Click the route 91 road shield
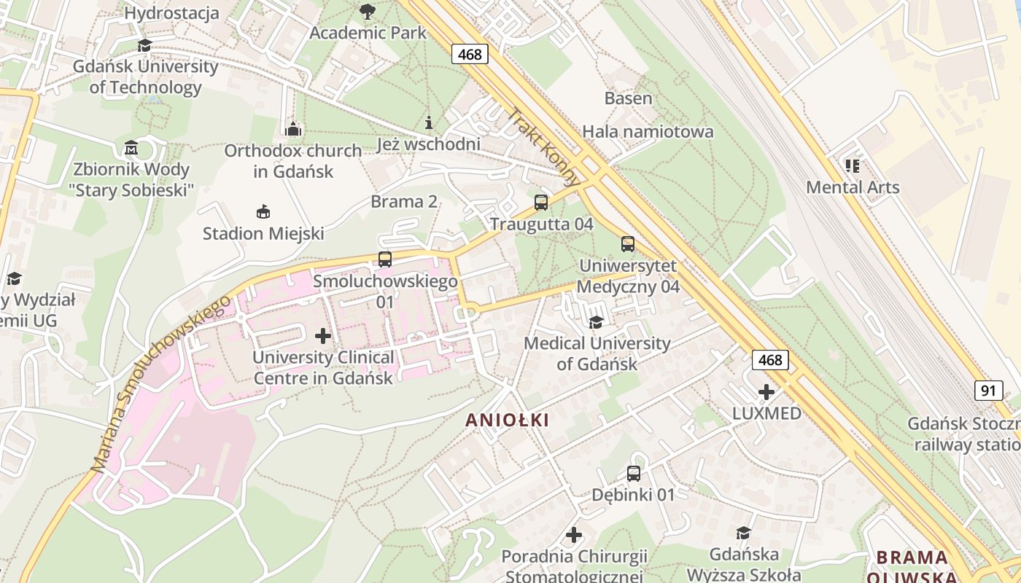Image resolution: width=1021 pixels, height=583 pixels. click(988, 391)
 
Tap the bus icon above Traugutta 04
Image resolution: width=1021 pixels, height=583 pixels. click(541, 203)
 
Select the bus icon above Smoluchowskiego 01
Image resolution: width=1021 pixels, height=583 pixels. click(384, 259)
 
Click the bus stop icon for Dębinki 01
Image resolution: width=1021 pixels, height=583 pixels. click(634, 474)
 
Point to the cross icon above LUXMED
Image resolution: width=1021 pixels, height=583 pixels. click(766, 392)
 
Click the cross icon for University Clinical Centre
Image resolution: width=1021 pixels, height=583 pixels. click(323, 336)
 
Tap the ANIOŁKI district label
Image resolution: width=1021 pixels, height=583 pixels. click(507, 420)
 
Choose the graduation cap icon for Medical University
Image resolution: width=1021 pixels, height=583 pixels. click(597, 322)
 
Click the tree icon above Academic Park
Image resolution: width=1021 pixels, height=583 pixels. click(368, 11)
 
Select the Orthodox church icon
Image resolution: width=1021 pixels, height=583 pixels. click(293, 130)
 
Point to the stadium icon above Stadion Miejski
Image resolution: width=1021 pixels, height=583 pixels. click(263, 212)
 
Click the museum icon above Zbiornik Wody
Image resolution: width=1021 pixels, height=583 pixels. click(131, 149)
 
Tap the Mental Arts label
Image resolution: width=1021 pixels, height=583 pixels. click(853, 187)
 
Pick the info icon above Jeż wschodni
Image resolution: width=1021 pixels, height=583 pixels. click(429, 122)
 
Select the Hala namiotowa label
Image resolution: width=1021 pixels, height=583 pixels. click(648, 132)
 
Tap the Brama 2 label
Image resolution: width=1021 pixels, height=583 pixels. click(404, 202)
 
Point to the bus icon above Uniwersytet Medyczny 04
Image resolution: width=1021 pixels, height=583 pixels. click(628, 244)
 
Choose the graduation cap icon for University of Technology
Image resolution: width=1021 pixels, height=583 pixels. click(144, 45)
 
